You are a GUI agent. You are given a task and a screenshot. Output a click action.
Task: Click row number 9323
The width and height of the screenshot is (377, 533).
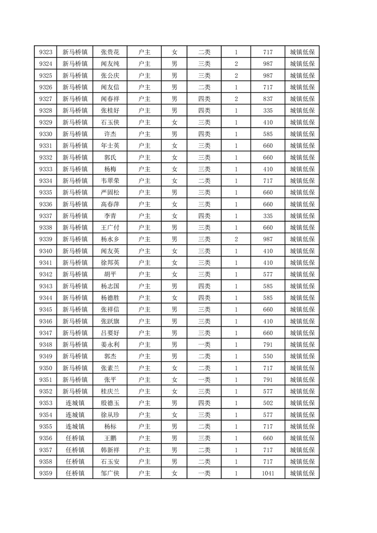click(x=46, y=52)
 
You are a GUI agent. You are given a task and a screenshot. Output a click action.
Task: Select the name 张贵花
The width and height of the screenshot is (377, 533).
click(x=110, y=52)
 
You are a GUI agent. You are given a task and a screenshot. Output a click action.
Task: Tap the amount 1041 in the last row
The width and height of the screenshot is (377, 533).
click(x=268, y=473)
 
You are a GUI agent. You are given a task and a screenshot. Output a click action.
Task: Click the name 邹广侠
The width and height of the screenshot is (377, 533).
click(x=110, y=473)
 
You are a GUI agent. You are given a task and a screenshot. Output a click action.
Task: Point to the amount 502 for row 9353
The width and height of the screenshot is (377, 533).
click(x=268, y=403)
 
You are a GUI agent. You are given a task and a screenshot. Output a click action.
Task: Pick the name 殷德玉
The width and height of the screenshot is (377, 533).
click(x=110, y=403)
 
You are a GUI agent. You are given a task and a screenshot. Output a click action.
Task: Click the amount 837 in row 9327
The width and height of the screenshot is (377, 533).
click(x=268, y=99)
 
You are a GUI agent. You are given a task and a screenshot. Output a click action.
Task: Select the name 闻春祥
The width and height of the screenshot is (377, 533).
click(x=110, y=99)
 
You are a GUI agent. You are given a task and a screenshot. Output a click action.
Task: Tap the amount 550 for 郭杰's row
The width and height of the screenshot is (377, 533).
click(x=268, y=356)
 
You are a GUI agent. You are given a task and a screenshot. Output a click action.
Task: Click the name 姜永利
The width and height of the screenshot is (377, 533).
click(x=110, y=344)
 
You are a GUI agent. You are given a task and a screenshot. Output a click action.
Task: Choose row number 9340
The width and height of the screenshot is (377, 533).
click(x=46, y=251)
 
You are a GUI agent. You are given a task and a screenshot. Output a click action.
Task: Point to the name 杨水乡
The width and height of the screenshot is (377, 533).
click(x=110, y=239)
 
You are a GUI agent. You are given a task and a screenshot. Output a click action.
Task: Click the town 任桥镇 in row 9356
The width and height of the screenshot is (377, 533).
click(x=75, y=438)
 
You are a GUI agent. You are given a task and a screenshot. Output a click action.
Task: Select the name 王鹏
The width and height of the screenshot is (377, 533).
click(x=110, y=438)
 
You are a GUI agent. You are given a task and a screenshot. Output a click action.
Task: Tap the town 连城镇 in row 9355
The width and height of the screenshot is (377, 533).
click(x=75, y=426)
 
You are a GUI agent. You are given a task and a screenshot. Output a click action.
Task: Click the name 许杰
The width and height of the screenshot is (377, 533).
click(x=110, y=134)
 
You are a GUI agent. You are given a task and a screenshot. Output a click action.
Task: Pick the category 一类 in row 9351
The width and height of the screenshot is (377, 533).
click(x=204, y=380)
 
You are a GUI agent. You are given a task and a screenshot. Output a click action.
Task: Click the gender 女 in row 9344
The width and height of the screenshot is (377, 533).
click(x=174, y=298)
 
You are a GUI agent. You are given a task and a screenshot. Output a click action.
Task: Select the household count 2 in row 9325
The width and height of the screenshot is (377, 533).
click(x=236, y=76)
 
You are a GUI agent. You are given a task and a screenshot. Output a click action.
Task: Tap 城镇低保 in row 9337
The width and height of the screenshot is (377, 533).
click(x=302, y=216)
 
